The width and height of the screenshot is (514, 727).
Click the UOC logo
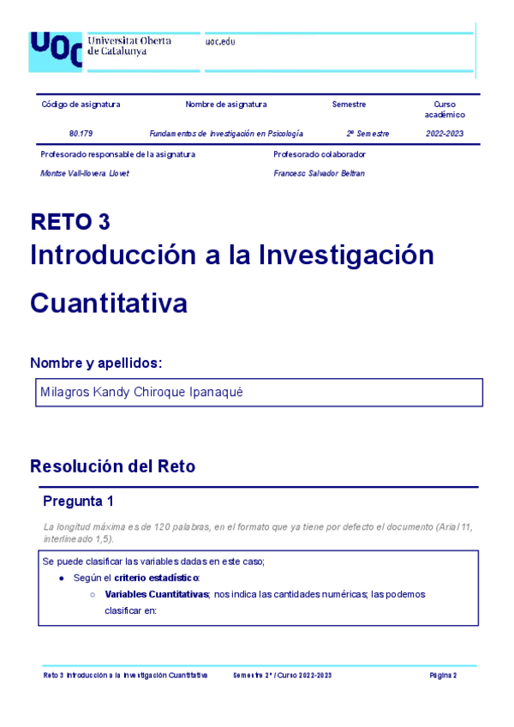56,51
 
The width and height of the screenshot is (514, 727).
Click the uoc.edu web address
220,42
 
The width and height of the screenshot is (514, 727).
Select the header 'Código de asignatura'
81,105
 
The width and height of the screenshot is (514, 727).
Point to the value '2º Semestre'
368,134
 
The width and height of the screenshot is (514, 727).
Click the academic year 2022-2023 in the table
445,134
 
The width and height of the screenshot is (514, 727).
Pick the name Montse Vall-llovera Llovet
85,173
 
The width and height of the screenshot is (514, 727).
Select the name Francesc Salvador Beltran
319,173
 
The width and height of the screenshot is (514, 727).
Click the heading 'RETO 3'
70,222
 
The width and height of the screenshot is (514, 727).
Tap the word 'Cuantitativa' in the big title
109,303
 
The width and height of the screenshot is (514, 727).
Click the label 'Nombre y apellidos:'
96,363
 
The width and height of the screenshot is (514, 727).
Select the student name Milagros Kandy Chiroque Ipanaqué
141,392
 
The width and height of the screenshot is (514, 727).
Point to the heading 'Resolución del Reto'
112,466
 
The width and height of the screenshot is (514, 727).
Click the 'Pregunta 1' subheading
78,501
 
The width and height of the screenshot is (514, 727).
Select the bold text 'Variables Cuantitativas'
157,593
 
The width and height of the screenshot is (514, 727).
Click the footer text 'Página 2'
443,676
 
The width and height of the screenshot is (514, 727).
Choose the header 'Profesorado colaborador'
320,154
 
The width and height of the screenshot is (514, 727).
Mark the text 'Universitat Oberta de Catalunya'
129,45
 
